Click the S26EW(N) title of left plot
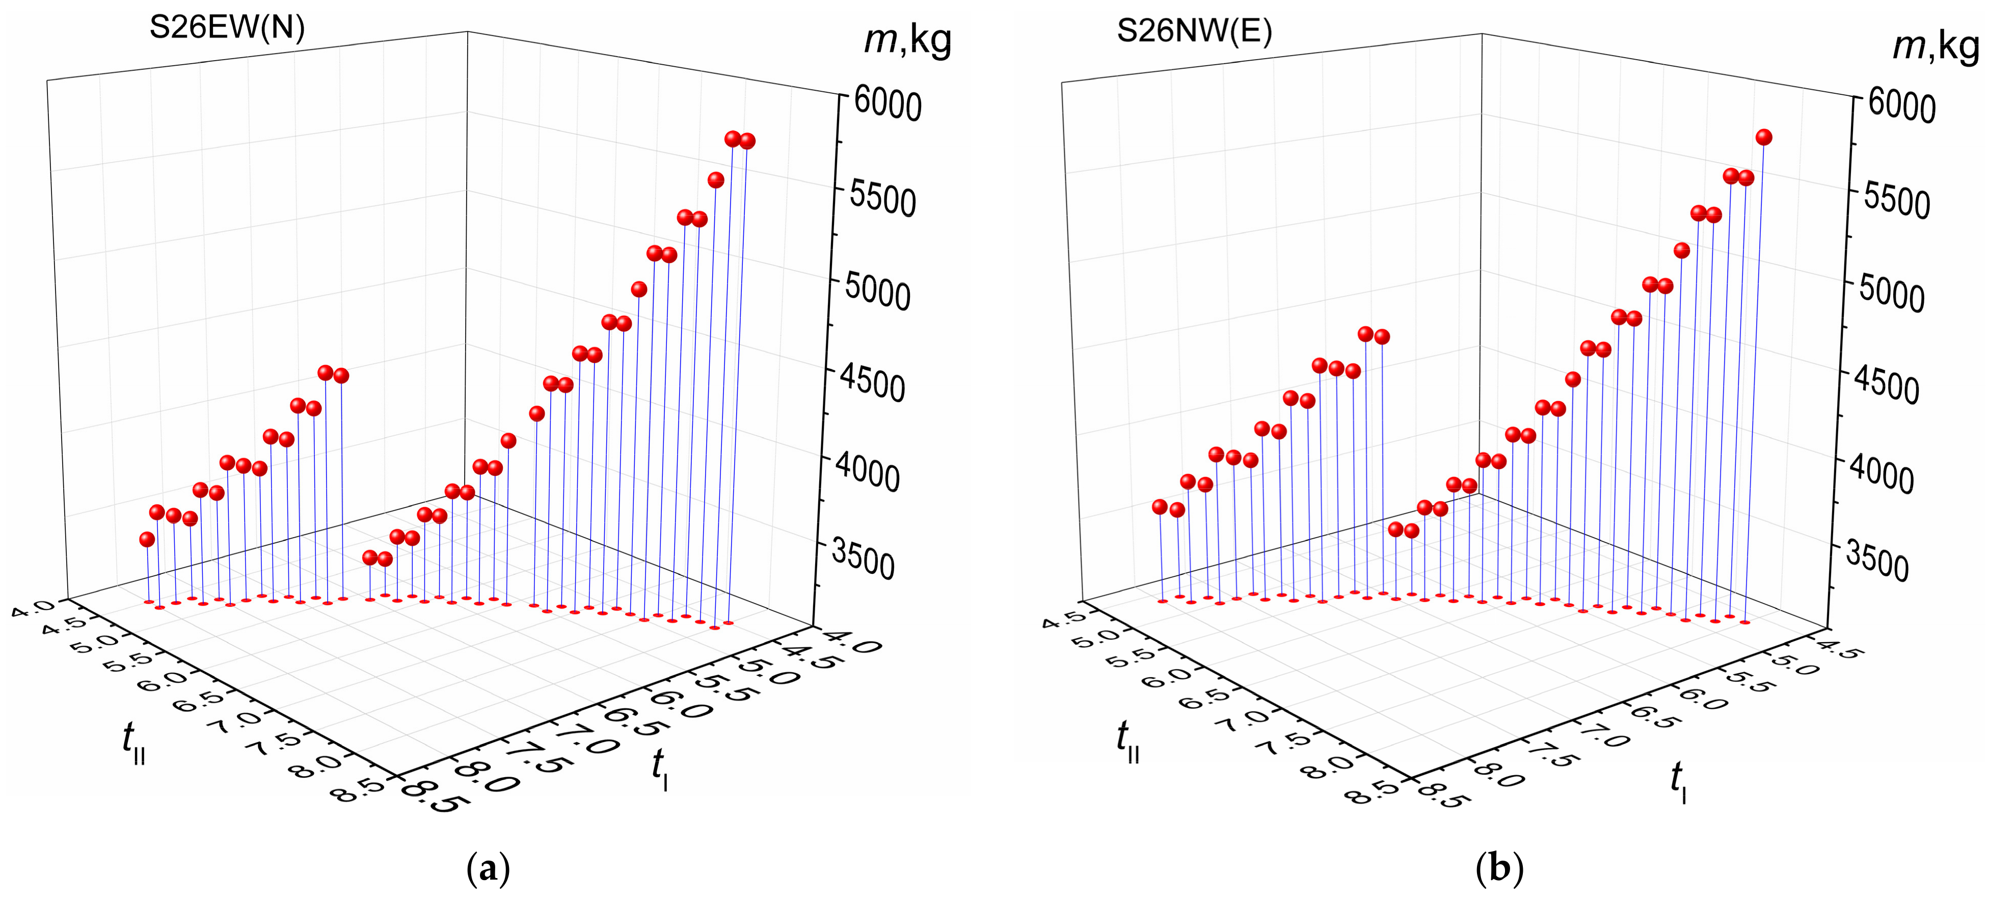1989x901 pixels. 227,29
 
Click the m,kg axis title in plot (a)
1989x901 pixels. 907,40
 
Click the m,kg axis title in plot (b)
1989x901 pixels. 1935,46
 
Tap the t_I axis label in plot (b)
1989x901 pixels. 1678,781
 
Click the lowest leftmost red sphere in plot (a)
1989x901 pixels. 147,539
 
